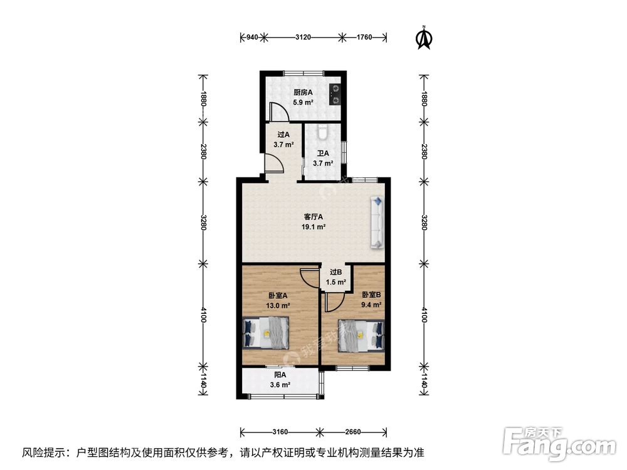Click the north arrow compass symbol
424,38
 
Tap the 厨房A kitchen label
303,97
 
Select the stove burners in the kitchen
336,93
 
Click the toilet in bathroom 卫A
323,132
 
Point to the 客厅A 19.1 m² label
313,222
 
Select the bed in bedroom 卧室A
266,332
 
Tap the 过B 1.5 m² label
335,277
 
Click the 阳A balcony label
280,380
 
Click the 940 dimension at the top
251,38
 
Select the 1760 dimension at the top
364,38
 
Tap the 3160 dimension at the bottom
280,432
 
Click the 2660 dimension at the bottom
353,432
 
